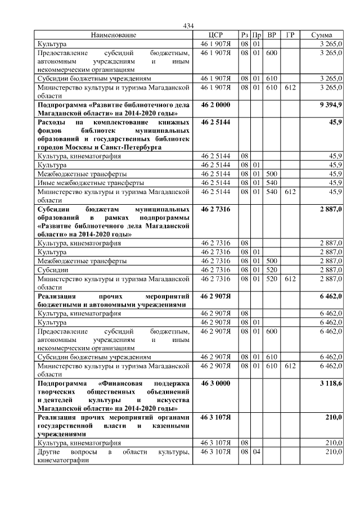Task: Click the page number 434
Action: tap(188, 26)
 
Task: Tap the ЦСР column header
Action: tap(215, 35)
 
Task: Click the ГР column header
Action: tap(290, 35)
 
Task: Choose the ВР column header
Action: tap(272, 35)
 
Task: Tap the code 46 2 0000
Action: tap(215, 105)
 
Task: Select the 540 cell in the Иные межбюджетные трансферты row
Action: tap(272, 183)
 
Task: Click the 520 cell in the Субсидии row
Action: tap(272, 269)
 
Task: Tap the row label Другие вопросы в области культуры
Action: tap(112, 452)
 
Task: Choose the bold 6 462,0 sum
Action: tap(330, 295)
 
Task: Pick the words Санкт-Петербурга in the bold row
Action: tap(127, 147)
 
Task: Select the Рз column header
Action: tap(244, 35)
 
